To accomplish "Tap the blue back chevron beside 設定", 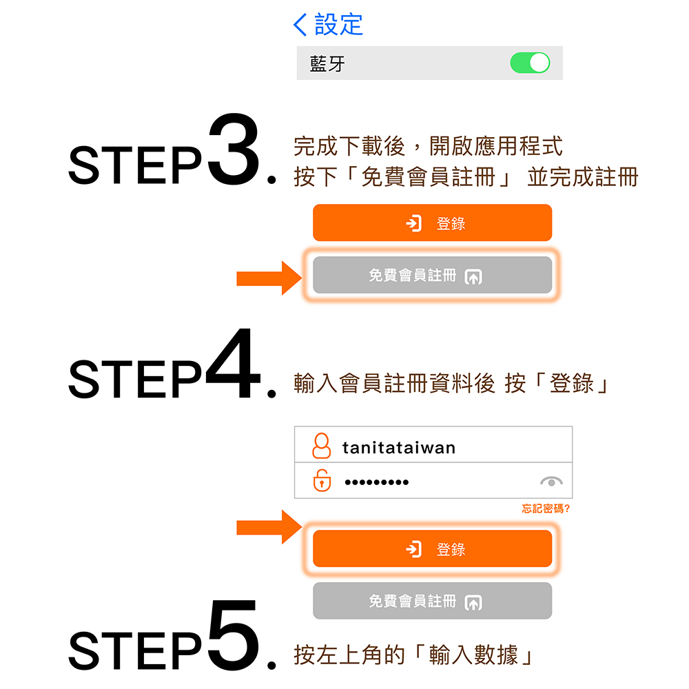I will coord(300,25).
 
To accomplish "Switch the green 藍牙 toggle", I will coord(530,63).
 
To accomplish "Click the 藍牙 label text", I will coord(327,64).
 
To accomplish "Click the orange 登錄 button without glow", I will coord(432,223).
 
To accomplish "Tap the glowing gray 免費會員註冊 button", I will coord(432,276).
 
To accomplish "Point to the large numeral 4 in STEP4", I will coord(233,365).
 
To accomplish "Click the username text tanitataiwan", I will coord(399,448).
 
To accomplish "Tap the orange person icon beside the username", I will coord(321,446).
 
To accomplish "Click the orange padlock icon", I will coord(321,480).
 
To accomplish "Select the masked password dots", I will coord(376,482).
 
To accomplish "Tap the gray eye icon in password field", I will coord(551,481).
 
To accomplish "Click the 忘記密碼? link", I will coord(546,509).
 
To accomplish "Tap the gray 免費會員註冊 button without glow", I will coord(432,601).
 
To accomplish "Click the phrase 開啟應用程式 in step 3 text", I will coord(495,146).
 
